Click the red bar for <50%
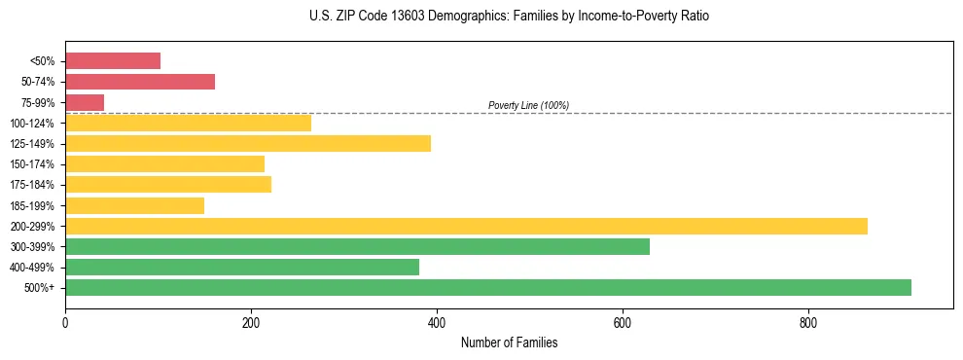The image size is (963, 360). [x=113, y=61]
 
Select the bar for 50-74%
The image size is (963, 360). [x=140, y=82]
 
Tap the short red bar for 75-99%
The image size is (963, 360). [x=85, y=102]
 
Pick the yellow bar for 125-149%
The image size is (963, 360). [x=248, y=144]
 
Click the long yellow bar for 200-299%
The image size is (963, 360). [x=466, y=226]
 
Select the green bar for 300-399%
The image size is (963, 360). [x=357, y=246]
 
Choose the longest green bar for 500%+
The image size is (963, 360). [x=488, y=287]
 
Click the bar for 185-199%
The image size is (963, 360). [x=134, y=205]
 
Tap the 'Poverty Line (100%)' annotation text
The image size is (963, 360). [x=528, y=105]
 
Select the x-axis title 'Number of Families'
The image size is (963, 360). [x=509, y=342]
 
